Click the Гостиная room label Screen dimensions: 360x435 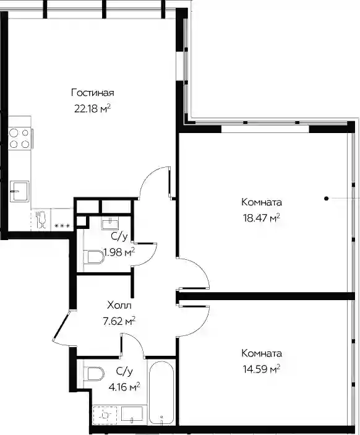click(x=93, y=93)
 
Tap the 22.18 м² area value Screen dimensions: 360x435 click(x=93, y=108)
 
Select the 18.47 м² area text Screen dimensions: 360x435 click(x=262, y=218)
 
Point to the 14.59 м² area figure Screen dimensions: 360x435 click(x=262, y=369)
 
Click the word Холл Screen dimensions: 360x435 click(x=119, y=306)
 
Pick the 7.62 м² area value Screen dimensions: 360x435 click(x=119, y=322)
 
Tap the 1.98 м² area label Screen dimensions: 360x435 click(x=119, y=252)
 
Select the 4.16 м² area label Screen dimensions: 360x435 click(x=124, y=387)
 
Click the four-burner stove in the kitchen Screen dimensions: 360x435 click(x=19, y=139)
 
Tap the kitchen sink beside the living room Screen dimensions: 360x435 click(x=19, y=191)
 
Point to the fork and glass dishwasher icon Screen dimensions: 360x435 click(x=41, y=220)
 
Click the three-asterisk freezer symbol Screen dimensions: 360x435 click(x=62, y=226)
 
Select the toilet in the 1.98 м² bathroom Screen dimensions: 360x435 click(x=94, y=257)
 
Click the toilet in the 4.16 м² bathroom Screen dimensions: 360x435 click(x=94, y=374)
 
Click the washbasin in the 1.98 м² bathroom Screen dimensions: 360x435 click(x=110, y=223)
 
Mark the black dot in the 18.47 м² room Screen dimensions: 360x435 click(x=327, y=199)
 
